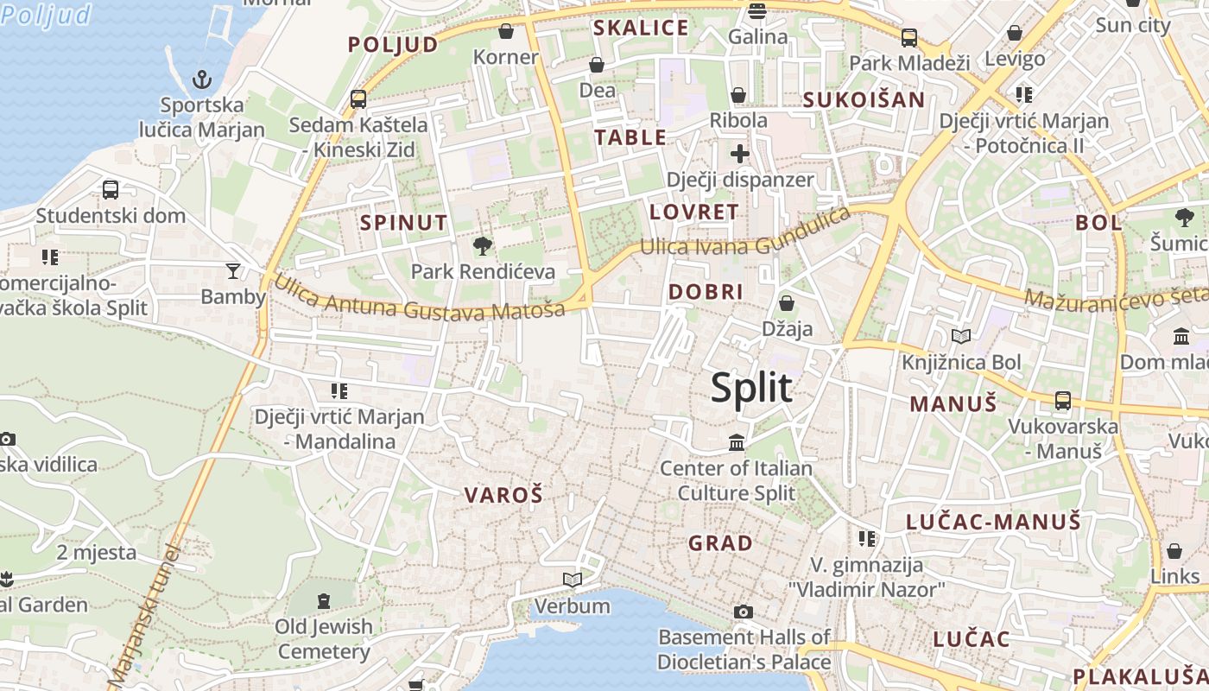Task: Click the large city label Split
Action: point(750,388)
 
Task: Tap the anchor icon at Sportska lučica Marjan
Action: point(201,80)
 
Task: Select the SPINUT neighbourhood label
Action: point(403,223)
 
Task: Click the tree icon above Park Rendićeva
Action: point(483,247)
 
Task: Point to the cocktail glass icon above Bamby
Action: point(232,271)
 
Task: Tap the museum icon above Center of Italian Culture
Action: point(737,443)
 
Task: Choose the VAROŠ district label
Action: point(503,495)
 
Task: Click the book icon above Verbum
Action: point(572,580)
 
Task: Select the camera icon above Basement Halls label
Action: point(743,612)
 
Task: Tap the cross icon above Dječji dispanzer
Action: point(740,154)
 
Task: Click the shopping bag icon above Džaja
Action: point(786,303)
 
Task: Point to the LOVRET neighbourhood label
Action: point(693,212)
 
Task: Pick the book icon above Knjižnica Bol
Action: point(960,337)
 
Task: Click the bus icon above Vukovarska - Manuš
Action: point(1063,401)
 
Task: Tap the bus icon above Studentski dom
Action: point(111,190)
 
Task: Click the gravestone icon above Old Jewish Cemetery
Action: point(324,600)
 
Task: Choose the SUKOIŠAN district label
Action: point(864,99)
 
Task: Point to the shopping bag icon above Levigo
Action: point(1015,34)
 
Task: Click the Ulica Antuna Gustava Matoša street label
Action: point(419,301)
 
